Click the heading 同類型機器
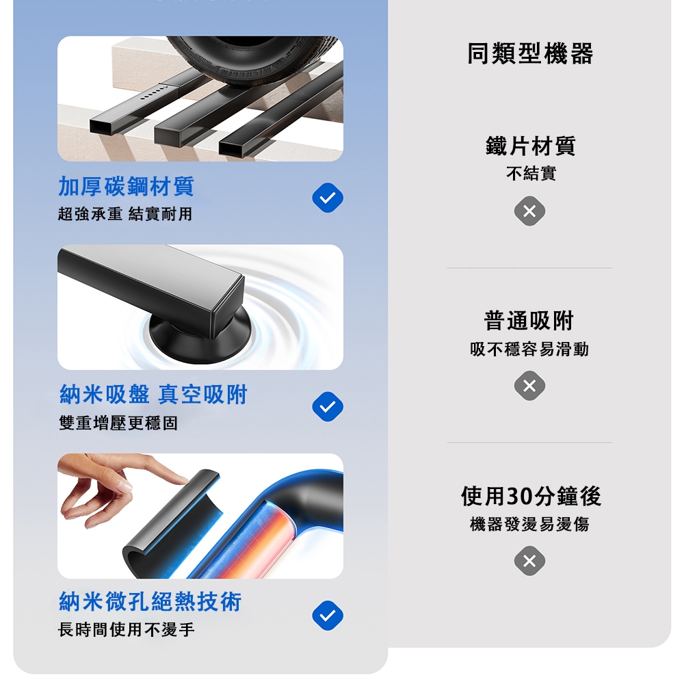coord(530,53)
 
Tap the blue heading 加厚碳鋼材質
coord(126,186)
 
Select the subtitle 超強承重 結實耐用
coord(125,213)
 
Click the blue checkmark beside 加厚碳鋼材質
coord(328,198)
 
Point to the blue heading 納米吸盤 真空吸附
coord(153,395)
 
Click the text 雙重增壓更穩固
coord(118,423)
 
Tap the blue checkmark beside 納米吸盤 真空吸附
coord(328,406)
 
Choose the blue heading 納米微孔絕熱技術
coord(150,601)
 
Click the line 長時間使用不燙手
coord(127,629)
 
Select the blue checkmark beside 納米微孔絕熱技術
coord(328,616)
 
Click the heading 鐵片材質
coord(531,146)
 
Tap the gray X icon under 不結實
coord(529,211)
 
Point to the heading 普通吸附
coord(529,321)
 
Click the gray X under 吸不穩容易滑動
coord(529,386)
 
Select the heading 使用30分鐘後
coord(531,496)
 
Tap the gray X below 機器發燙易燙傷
coord(529,561)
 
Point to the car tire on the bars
coord(253,59)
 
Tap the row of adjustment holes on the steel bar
coord(153,92)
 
